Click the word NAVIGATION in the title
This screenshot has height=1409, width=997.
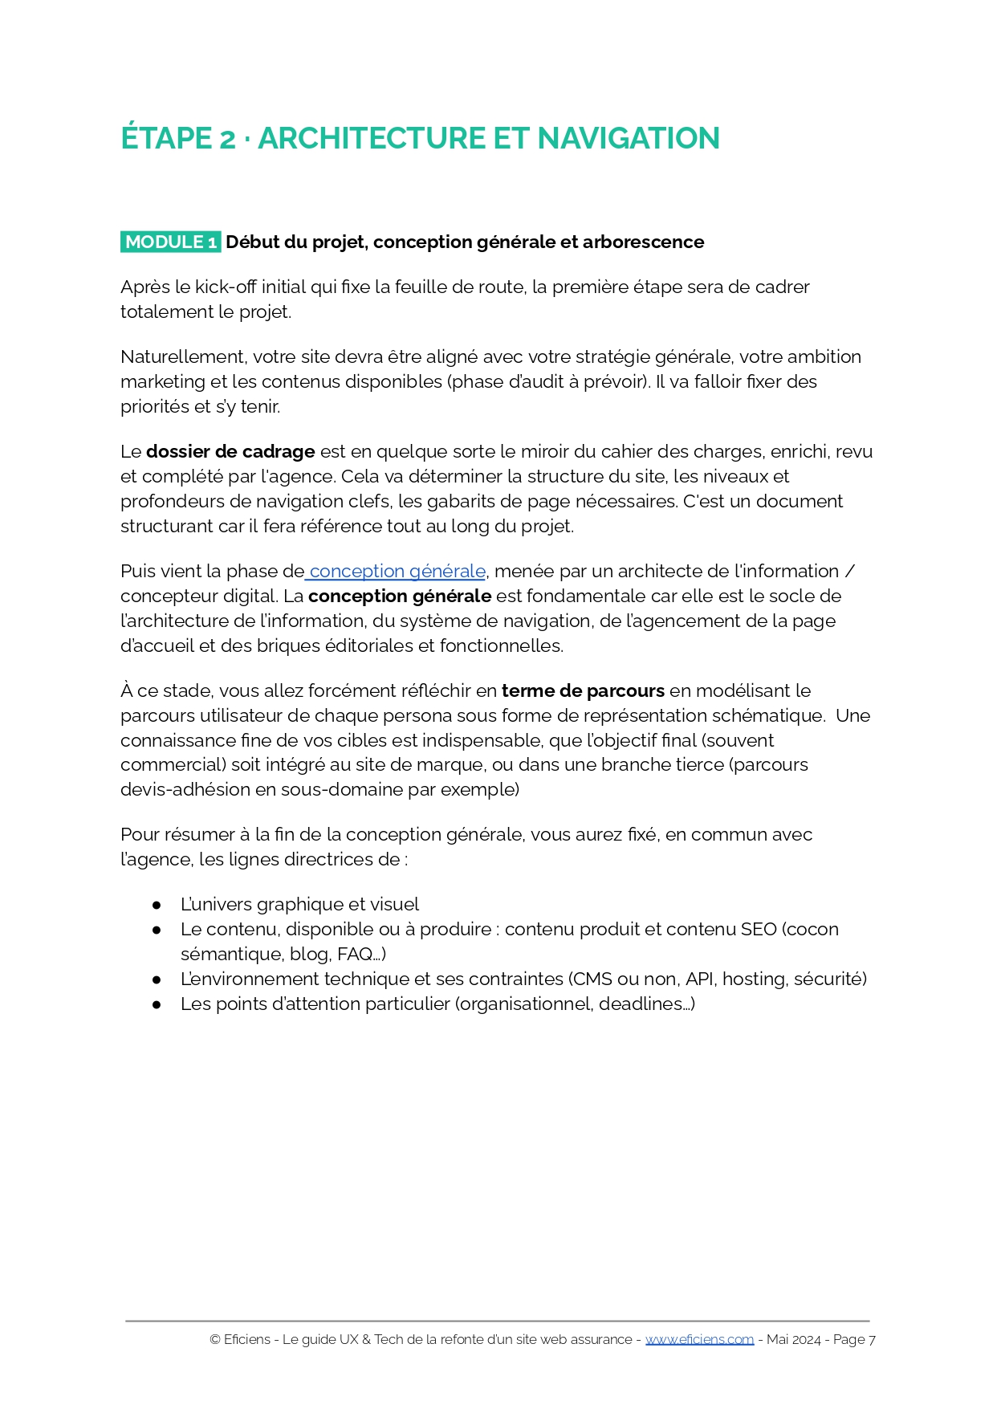[628, 138]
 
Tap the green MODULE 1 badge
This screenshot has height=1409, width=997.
[170, 242]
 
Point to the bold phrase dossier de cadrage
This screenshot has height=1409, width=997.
[230, 451]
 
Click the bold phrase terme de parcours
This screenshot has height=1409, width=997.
[583, 690]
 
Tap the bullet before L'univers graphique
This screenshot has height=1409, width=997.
[157, 905]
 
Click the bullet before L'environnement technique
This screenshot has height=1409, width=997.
[157, 979]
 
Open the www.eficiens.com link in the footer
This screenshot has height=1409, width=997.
[699, 1339]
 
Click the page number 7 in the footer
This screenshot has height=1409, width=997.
[872, 1339]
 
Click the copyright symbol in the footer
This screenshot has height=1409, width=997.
[215, 1339]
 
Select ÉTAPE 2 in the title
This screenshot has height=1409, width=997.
[178, 138]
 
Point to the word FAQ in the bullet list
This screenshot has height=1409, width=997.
[355, 954]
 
